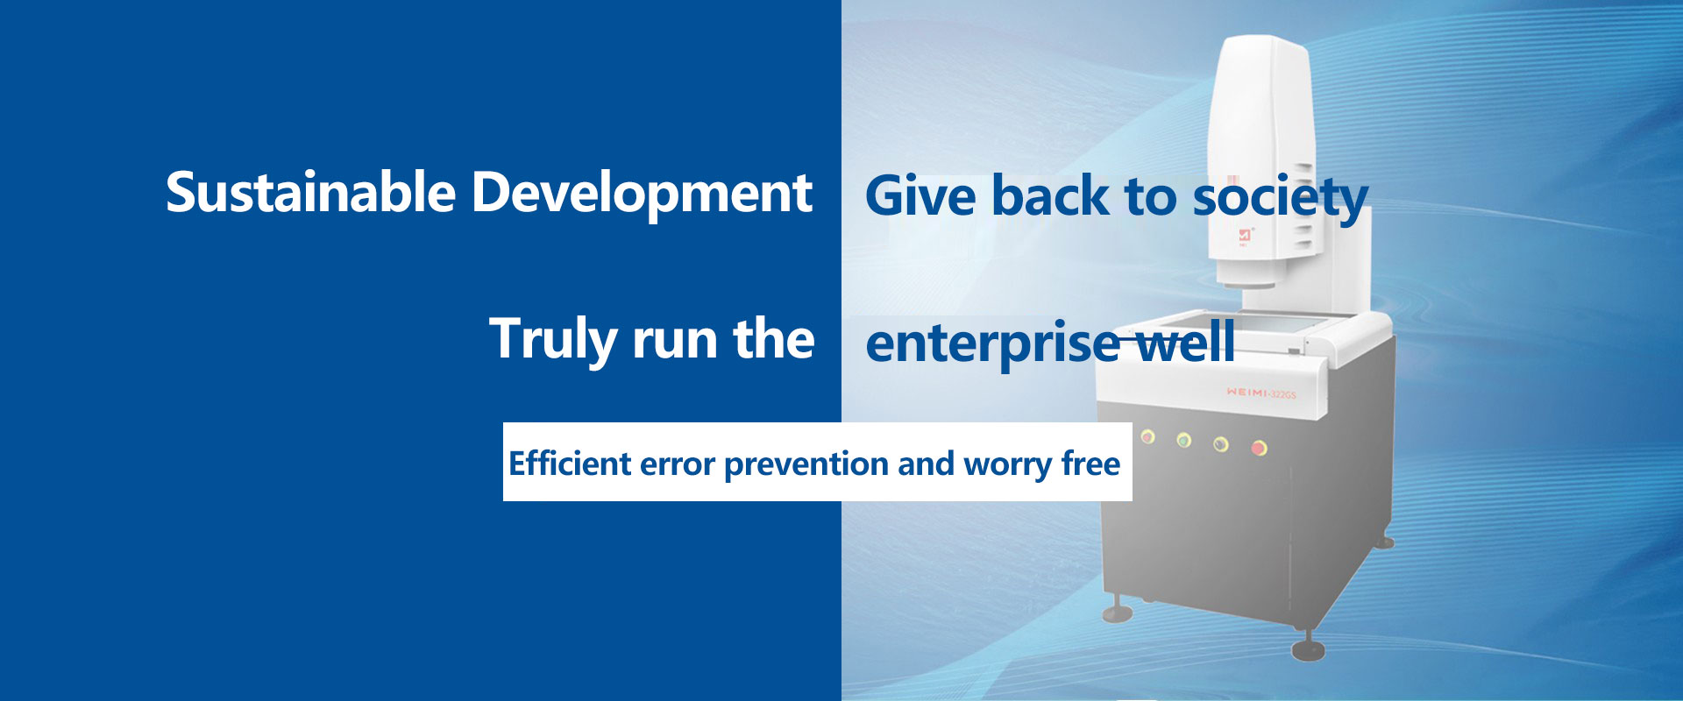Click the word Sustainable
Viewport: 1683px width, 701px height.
point(310,192)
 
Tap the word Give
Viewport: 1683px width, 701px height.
point(920,195)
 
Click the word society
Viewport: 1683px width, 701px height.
point(1281,198)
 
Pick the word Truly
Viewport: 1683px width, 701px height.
point(551,341)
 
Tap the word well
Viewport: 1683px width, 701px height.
point(1183,342)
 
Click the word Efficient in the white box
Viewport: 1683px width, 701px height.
point(570,464)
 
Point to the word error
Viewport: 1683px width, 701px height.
point(678,465)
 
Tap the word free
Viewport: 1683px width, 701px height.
point(1090,464)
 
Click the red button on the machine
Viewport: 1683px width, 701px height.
point(1259,448)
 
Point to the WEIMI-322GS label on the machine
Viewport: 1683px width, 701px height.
point(1261,393)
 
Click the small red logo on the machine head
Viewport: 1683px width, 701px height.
point(1245,236)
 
